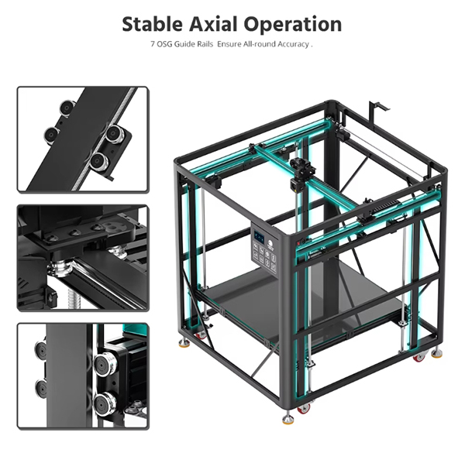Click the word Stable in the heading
[x=152, y=24]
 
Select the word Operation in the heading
[x=293, y=25]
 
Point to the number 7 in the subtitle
[x=153, y=44]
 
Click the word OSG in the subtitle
[x=164, y=44]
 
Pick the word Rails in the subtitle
[x=206, y=44]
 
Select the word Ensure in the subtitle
[x=229, y=44]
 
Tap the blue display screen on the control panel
[x=260, y=238]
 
